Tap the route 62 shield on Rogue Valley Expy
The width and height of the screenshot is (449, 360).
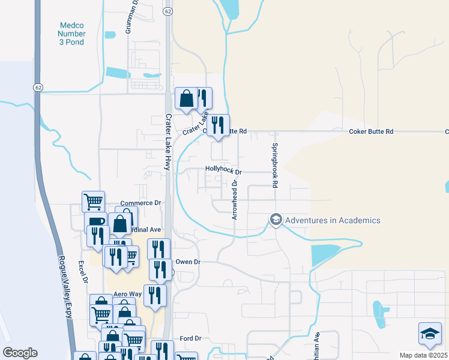pos(38,88)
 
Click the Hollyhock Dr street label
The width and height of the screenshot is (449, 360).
pos(223,171)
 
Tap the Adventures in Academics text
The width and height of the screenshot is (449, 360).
pos(333,220)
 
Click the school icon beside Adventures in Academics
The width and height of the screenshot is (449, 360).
pos(276,220)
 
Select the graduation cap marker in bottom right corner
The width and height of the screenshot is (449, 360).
pos(430,334)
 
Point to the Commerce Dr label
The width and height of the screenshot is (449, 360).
pos(141,203)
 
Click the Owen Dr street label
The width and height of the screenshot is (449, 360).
pos(187,262)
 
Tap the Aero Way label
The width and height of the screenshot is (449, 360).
pos(127,295)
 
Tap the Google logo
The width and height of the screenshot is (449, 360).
pos(20,353)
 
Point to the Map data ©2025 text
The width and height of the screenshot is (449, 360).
pos(423,355)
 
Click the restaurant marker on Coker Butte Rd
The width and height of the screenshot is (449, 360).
pos(218,125)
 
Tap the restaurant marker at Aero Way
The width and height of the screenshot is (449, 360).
pos(155,295)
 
